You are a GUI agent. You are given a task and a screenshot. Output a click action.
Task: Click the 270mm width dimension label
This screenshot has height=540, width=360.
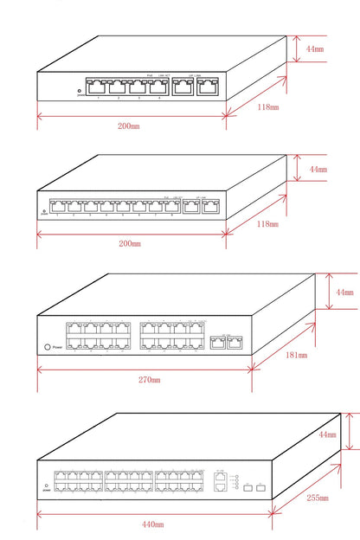[149, 380]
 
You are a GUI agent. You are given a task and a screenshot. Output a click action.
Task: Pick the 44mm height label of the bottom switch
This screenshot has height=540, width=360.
[327, 434]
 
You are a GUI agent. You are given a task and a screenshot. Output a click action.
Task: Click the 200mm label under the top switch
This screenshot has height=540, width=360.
[129, 126]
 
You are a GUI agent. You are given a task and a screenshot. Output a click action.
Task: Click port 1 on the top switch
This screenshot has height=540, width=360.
[96, 87]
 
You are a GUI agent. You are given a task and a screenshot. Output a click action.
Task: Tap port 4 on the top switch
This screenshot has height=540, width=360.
[158, 87]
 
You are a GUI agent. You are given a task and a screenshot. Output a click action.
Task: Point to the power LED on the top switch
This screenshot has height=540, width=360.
[80, 90]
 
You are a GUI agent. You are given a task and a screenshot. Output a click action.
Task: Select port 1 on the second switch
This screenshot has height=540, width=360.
[58, 206]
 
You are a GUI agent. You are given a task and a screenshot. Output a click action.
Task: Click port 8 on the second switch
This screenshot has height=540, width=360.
[171, 206]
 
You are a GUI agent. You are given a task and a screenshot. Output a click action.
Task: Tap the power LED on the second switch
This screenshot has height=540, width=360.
[44, 209]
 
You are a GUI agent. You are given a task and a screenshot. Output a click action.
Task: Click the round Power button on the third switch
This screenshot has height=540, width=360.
[47, 346]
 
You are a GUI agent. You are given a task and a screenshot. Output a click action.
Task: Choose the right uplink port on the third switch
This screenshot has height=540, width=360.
[234, 342]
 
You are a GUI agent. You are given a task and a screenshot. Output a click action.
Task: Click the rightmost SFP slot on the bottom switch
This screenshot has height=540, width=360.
[260, 488]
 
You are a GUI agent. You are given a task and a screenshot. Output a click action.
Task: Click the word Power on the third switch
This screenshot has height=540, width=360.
[59, 346]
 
